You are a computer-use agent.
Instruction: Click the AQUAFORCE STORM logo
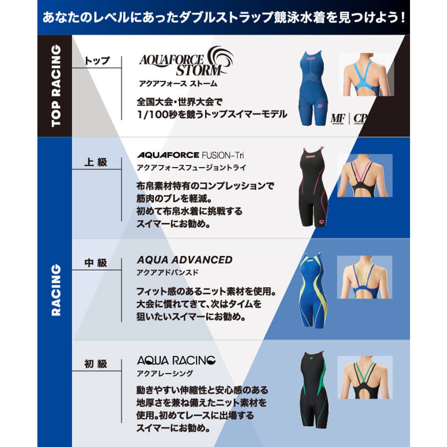tap(186, 62)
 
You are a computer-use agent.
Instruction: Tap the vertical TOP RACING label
tap(55, 85)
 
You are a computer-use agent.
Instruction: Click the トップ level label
tap(97, 61)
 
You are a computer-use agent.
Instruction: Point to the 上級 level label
tap(96, 162)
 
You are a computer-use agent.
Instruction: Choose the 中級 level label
tap(96, 263)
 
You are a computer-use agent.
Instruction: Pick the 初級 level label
tap(96, 364)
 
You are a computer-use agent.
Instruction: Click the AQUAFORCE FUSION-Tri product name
tap(191, 155)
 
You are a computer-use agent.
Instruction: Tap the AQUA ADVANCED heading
tap(184, 260)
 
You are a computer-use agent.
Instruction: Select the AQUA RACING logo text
tap(176, 360)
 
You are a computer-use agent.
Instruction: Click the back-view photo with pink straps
tap(365, 176)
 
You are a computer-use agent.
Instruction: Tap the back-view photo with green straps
tap(365, 377)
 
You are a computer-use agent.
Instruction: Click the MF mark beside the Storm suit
tap(338, 118)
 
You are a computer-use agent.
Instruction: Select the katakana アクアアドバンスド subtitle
tap(167, 272)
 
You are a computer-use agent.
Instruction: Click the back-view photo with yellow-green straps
tap(365, 277)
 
